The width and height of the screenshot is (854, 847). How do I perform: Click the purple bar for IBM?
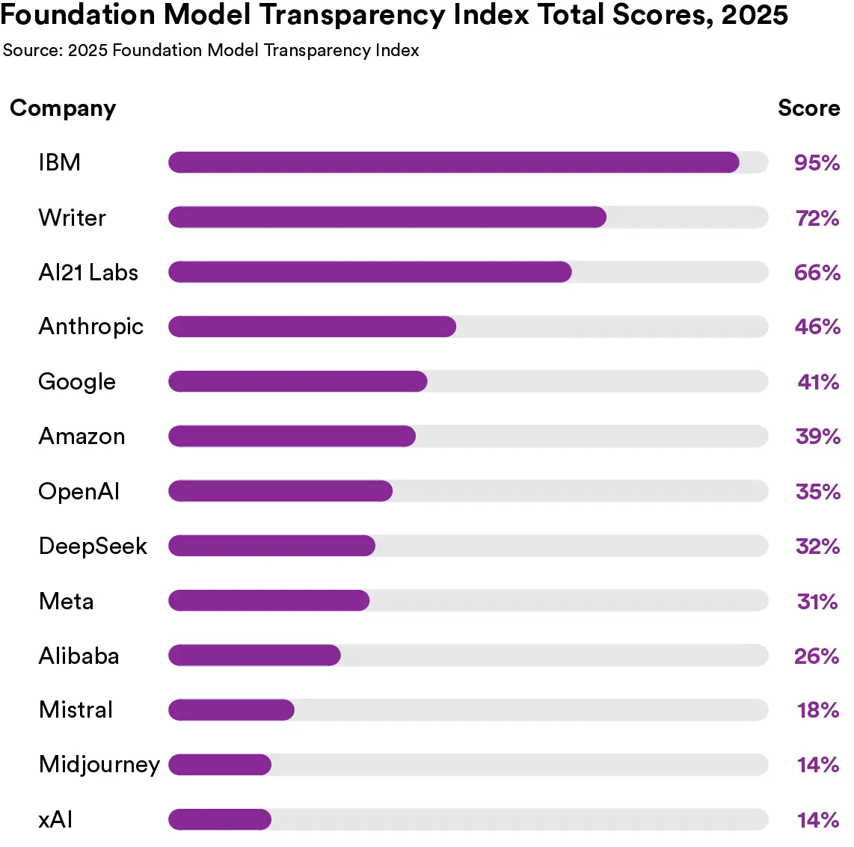coord(453,162)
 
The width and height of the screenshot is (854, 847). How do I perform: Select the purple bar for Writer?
coord(387,218)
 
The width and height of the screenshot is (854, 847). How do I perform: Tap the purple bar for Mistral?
coord(231,710)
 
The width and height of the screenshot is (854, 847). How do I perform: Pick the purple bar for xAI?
coord(219,819)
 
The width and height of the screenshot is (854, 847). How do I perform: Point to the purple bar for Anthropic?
coord(312,327)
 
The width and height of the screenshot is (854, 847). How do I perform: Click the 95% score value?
coord(817,163)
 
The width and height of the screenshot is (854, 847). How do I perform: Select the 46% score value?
coord(817,327)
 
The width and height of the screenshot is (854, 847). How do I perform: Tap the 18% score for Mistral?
coord(817,710)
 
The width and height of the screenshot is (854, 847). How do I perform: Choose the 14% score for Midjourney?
coord(817,765)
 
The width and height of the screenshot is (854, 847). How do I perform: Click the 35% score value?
coord(817,492)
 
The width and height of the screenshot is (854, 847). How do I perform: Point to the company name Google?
coord(77,382)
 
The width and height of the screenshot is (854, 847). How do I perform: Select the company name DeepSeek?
coord(93,546)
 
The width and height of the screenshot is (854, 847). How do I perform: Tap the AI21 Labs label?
coord(88,273)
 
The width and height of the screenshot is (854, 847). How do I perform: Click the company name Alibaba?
coord(79,656)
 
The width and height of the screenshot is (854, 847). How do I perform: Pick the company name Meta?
coord(66,601)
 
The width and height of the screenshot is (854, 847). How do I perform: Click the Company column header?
coord(63,108)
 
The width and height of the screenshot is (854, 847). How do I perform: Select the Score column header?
coord(808,108)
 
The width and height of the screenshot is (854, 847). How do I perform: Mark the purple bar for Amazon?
coord(292,437)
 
